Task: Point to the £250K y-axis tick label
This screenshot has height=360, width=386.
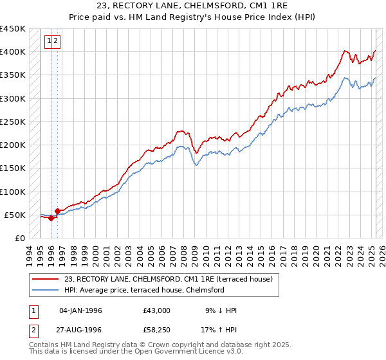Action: click(13, 122)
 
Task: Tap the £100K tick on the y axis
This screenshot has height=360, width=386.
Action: click(13, 192)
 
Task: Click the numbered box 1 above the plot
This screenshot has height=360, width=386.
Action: click(49, 42)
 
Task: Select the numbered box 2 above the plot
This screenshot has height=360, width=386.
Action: click(56, 42)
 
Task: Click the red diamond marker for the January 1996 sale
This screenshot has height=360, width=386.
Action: click(51, 218)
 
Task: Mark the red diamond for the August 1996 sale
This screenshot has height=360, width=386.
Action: click(58, 211)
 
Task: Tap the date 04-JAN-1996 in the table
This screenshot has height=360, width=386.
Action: click(80, 310)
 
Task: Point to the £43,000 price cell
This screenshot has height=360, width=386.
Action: click(157, 310)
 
